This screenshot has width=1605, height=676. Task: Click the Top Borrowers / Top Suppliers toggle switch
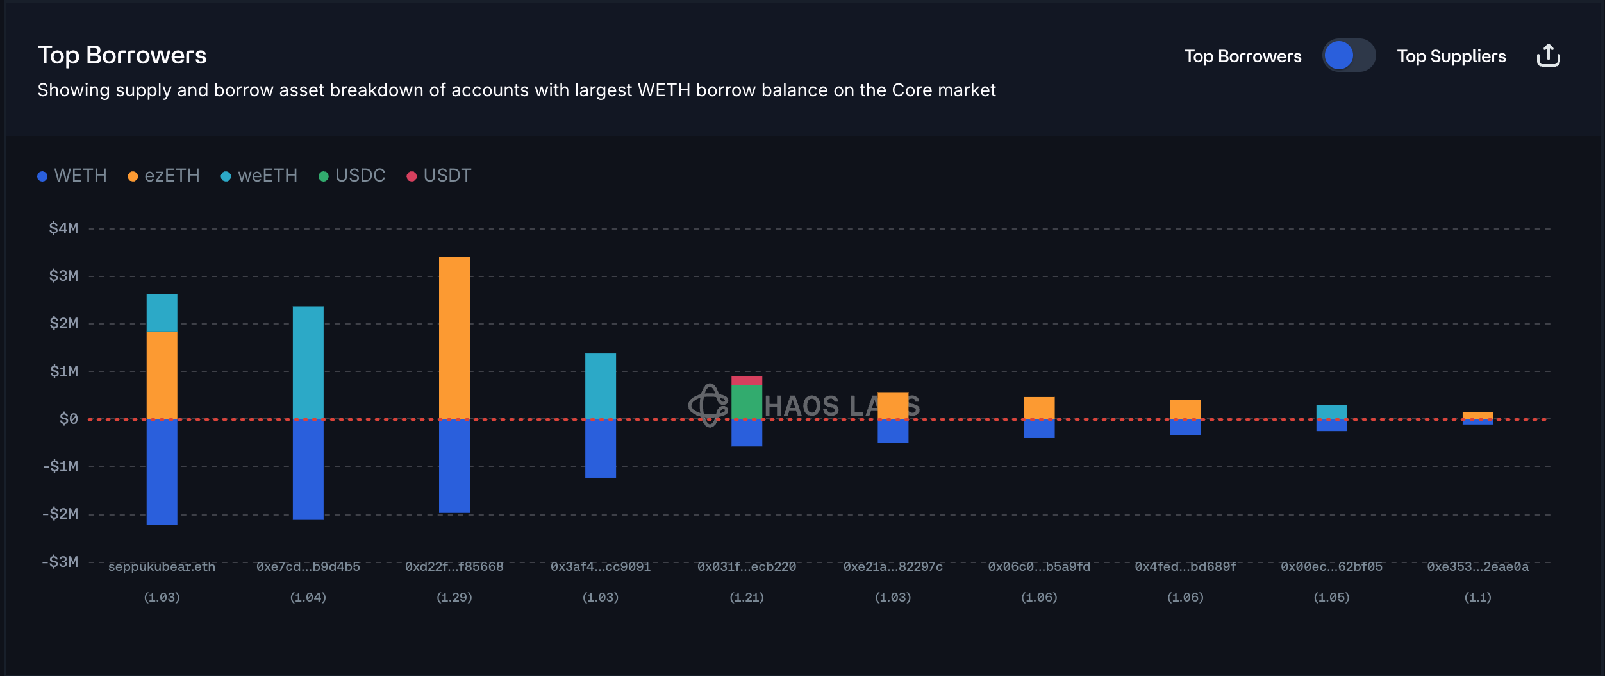[x=1349, y=56]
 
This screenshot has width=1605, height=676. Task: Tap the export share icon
[x=1548, y=56]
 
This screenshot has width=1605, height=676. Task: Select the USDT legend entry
[x=440, y=176]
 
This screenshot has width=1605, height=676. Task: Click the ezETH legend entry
[x=164, y=176]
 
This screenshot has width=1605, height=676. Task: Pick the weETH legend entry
[x=259, y=176]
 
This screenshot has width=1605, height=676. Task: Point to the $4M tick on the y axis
[x=63, y=228]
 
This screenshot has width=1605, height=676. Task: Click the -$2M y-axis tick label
[x=61, y=514]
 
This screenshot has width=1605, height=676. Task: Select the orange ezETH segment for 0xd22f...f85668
[x=454, y=337]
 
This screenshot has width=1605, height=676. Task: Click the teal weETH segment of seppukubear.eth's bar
[x=162, y=312]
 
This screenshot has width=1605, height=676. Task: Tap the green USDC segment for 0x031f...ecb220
[x=747, y=402]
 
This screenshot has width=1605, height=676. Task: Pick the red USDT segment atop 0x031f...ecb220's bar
[x=747, y=381]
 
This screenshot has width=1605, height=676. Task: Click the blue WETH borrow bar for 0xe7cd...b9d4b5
[x=308, y=469]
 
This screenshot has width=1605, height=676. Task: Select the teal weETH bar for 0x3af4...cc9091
[x=601, y=386]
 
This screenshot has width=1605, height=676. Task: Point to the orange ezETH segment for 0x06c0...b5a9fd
[x=1039, y=408]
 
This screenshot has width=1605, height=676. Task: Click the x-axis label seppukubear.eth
[x=162, y=567]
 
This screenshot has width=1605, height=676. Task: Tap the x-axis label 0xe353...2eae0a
[x=1477, y=567]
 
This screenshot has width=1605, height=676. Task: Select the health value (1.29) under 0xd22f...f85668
[x=454, y=598]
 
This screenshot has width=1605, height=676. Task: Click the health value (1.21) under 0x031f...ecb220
[x=747, y=598]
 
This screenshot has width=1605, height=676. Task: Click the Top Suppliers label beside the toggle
[x=1451, y=56]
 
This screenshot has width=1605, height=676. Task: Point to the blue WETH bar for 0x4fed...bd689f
[x=1185, y=427]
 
